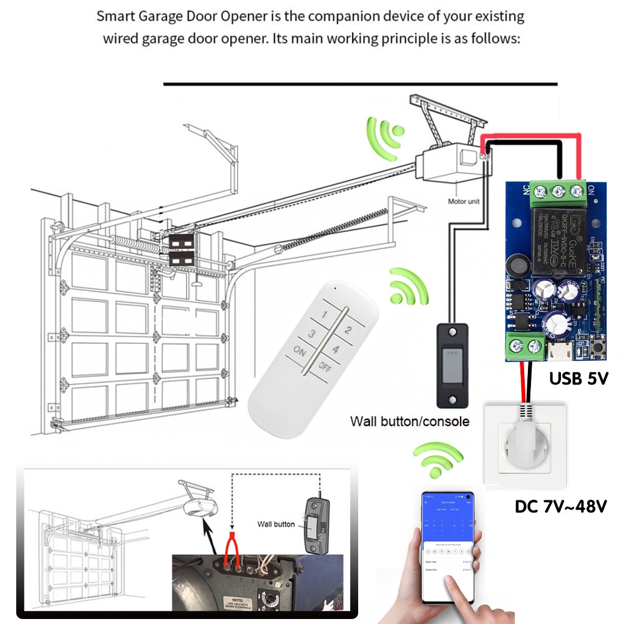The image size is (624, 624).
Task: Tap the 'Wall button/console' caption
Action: [x=409, y=421]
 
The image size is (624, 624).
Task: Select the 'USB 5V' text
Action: [x=578, y=378]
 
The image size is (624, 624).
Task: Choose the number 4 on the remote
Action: [x=336, y=350]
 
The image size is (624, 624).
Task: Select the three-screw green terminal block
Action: [x=558, y=189]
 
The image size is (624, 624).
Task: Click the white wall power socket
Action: [x=525, y=445]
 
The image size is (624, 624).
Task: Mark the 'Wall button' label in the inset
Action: [x=276, y=524]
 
